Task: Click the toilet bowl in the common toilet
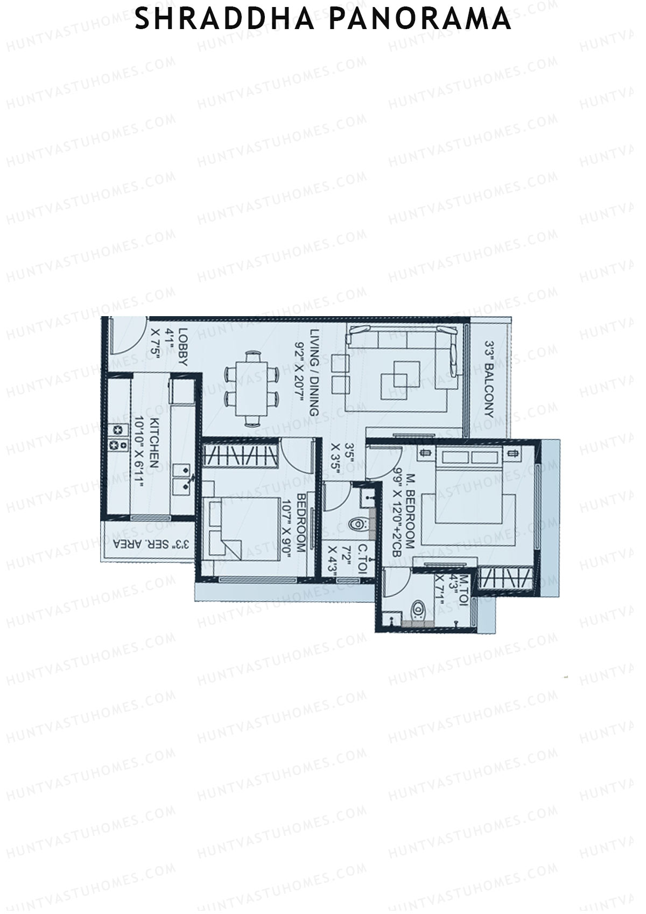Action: coord(357,524)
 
